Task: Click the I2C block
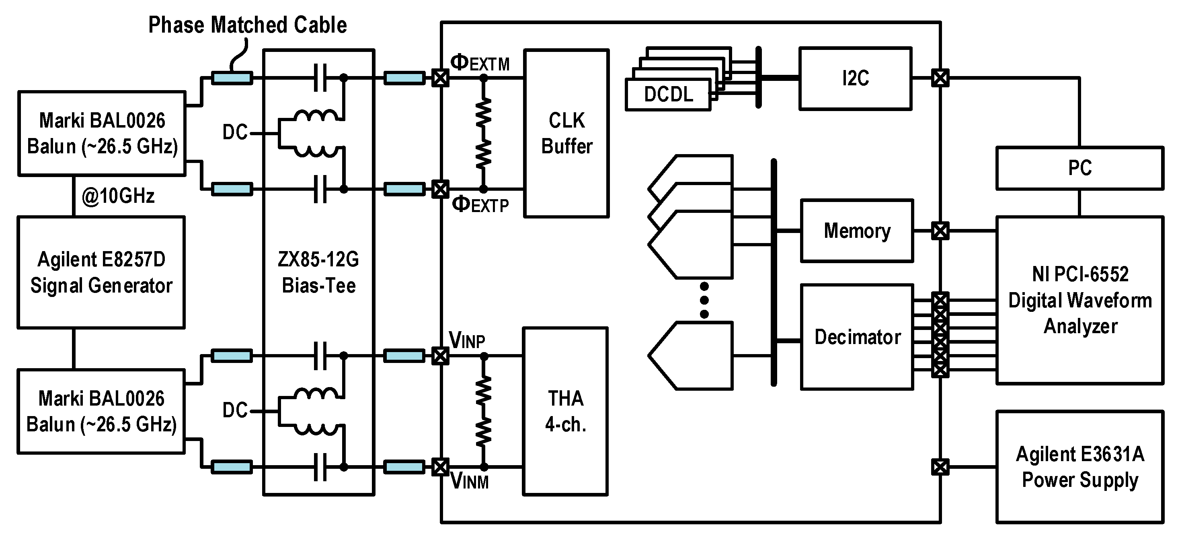tap(855, 78)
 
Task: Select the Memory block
tap(857, 231)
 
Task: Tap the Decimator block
tap(857, 337)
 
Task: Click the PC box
tap(1079, 168)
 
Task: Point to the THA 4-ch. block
tap(565, 411)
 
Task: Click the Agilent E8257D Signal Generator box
tap(101, 272)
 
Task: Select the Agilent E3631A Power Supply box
tap(1079, 467)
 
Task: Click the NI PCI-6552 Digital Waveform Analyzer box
tap(1079, 300)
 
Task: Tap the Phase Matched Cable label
tap(247, 25)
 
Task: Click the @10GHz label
tap(118, 196)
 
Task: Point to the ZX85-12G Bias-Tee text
tap(318, 272)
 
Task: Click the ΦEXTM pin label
tap(480, 63)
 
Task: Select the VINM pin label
tap(470, 481)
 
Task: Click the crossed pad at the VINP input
tap(440, 356)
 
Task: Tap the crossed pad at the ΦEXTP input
tap(440, 189)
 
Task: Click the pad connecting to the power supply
tap(940, 467)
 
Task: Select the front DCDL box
tap(668, 95)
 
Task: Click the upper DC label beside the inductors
tap(234, 132)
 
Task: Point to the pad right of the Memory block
tap(940, 231)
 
